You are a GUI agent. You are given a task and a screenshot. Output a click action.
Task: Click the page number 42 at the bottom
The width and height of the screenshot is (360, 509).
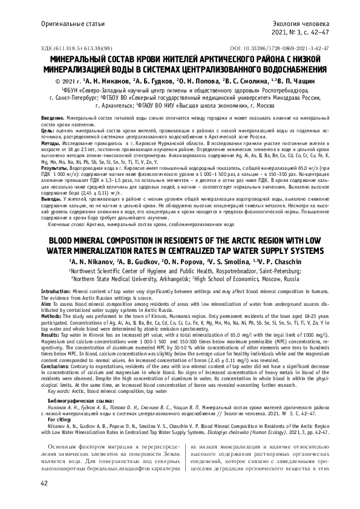pyautogui.click(x=44, y=484)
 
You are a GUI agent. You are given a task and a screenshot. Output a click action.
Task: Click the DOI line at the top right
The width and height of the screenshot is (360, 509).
pyautogui.click(x=280, y=47)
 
